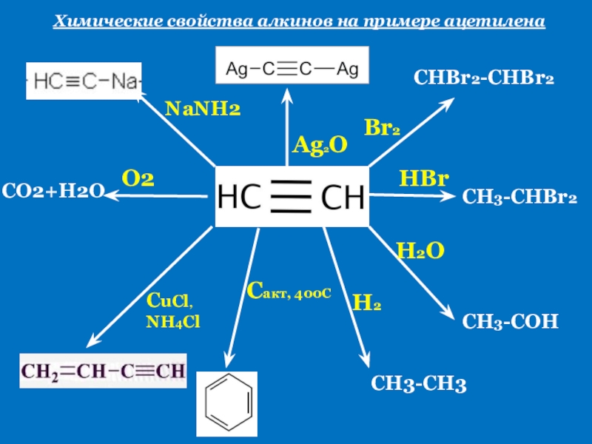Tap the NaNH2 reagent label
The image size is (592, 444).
[203, 110]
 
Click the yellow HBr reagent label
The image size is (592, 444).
[424, 178]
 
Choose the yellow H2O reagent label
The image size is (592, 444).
[420, 250]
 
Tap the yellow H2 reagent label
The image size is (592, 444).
[367, 302]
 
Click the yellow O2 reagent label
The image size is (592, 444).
[138, 178]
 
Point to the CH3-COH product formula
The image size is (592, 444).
[510, 321]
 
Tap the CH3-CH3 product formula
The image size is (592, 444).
[418, 383]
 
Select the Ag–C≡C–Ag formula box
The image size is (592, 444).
[292, 70]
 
